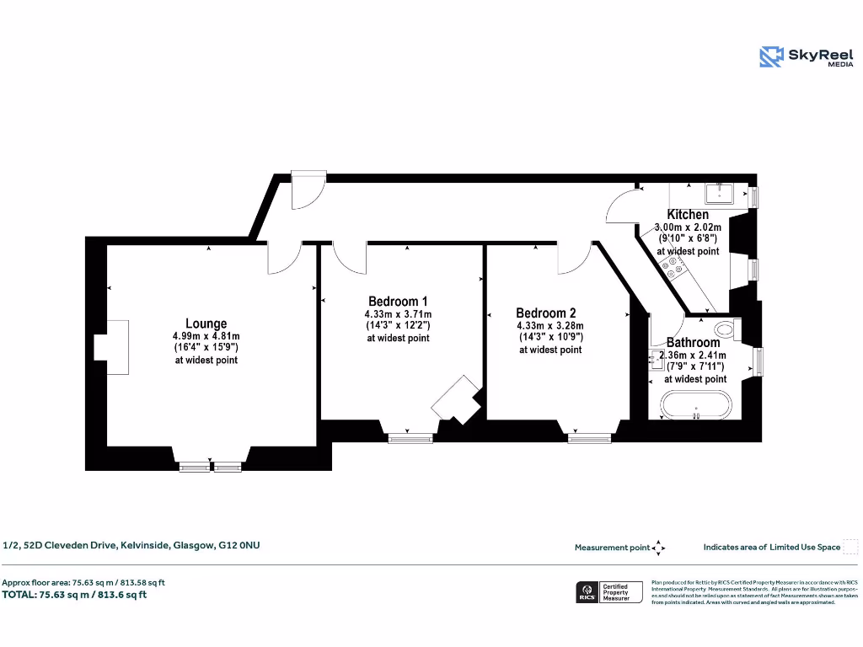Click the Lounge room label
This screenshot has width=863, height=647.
(206, 323)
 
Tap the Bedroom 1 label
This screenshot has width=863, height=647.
(398, 302)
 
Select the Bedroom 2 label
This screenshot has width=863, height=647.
(545, 313)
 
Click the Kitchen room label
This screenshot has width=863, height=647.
(688, 215)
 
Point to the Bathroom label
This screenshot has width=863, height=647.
(693, 343)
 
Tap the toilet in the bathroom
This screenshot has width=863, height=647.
(724, 329)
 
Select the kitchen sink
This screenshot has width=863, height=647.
(722, 194)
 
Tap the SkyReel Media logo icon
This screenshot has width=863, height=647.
(771, 56)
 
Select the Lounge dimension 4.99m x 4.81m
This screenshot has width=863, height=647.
(206, 337)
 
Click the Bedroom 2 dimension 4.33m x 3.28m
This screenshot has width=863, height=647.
(549, 326)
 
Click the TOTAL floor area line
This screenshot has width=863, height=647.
(74, 595)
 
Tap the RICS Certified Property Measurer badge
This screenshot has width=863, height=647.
(608, 592)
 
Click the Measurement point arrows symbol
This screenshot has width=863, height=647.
(659, 548)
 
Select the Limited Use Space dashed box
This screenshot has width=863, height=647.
(850, 547)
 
